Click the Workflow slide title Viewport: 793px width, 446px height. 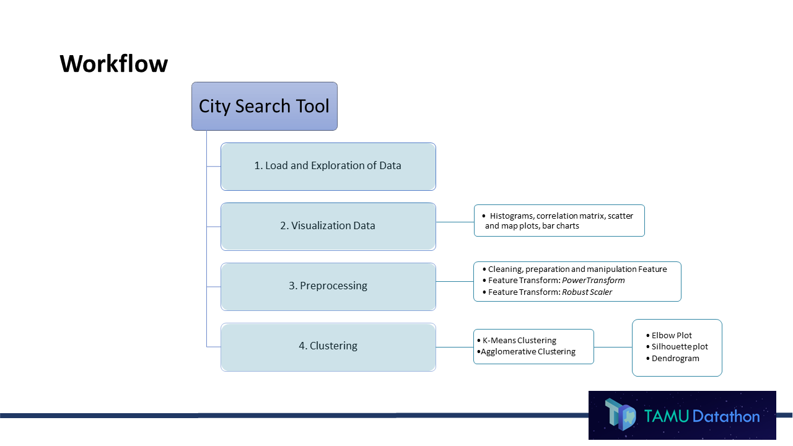click(x=113, y=64)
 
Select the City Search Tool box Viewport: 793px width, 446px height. click(x=264, y=106)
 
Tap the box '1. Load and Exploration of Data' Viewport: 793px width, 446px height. click(x=328, y=166)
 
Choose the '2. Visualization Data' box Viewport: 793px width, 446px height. click(x=328, y=226)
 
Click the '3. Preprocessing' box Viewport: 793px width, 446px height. click(x=328, y=286)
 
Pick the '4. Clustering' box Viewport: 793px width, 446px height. click(x=328, y=346)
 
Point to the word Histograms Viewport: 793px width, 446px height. click(x=511, y=216)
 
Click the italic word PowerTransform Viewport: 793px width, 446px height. click(x=593, y=281)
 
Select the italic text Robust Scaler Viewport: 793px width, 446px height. click(x=587, y=292)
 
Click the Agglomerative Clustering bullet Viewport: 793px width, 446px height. click(x=528, y=352)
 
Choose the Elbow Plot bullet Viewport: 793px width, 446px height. click(x=672, y=336)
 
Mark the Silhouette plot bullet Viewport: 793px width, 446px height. click(x=680, y=347)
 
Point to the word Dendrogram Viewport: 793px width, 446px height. click(x=675, y=359)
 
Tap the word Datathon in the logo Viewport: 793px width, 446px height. click(x=726, y=416)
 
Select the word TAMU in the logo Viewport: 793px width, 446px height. click(x=666, y=416)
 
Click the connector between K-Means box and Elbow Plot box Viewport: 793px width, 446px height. click(x=613, y=347)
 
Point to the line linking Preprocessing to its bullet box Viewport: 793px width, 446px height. click(x=455, y=281)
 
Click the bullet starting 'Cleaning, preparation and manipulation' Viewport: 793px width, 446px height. click(x=577, y=269)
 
